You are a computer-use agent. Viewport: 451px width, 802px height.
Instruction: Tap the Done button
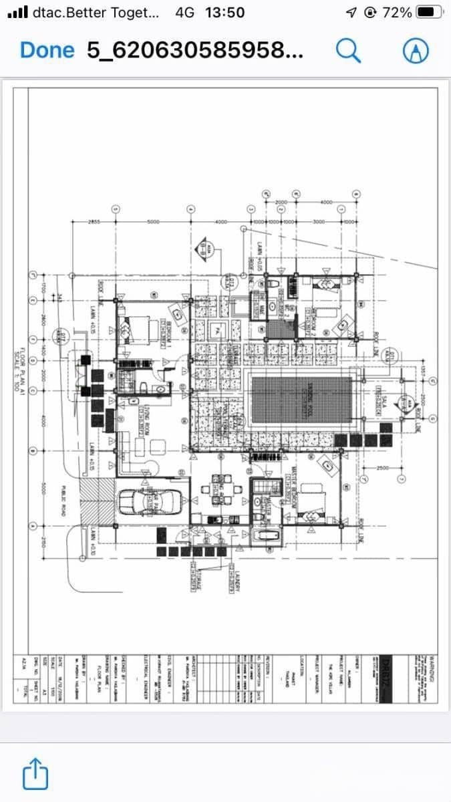click(47, 50)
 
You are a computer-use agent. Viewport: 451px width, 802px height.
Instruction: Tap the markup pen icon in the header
click(415, 50)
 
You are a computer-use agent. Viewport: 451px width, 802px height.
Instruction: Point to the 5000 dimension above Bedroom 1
click(152, 223)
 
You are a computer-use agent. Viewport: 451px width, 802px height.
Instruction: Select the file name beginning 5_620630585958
click(194, 50)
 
